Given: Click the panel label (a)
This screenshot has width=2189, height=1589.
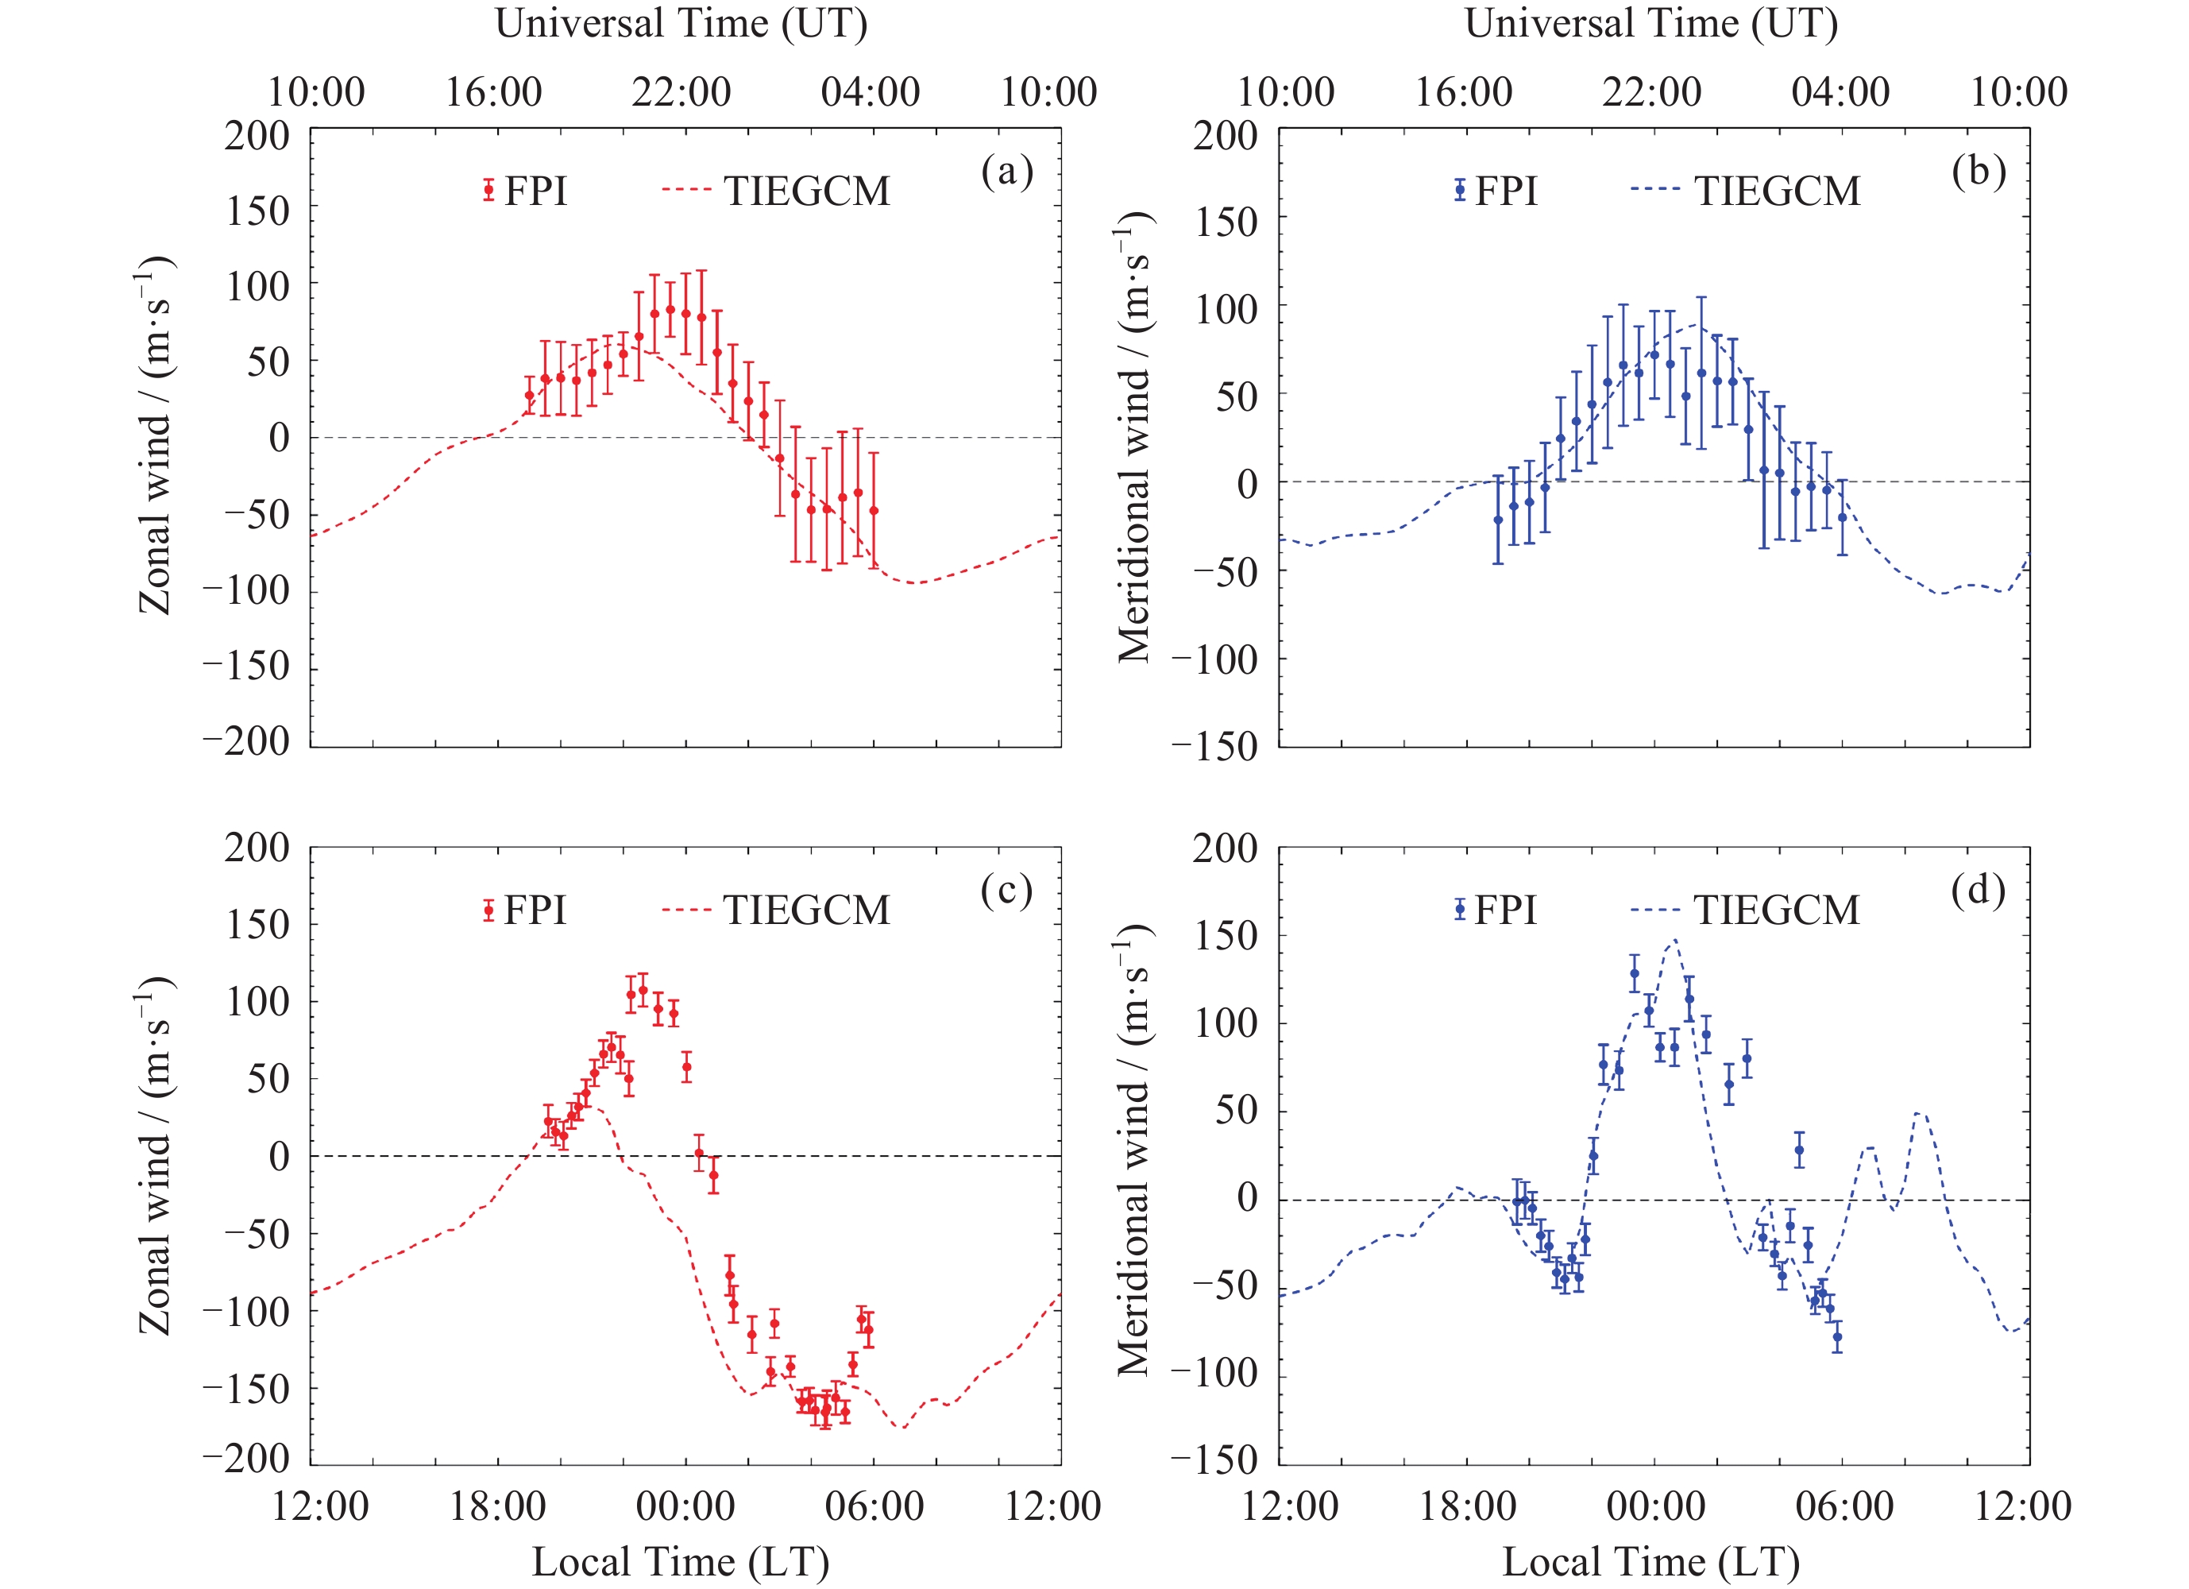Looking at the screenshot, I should tap(1006, 172).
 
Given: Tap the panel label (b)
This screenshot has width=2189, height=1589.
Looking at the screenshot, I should tap(1978, 172).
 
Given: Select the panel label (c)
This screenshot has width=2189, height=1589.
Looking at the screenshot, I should tap(1006, 890).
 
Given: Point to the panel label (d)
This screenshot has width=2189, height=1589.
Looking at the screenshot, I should tap(1978, 890).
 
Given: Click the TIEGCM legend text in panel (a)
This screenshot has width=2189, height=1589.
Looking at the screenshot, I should tap(807, 191).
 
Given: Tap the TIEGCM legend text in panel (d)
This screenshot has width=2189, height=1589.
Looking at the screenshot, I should tap(1777, 910).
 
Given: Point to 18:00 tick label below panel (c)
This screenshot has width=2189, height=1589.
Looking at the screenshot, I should tap(498, 1507).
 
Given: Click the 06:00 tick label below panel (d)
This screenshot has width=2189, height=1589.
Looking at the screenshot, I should tap(1844, 1507).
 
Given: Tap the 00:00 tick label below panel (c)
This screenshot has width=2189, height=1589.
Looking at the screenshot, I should tap(685, 1507).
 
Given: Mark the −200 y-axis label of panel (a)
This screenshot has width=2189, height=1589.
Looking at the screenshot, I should tap(246, 741).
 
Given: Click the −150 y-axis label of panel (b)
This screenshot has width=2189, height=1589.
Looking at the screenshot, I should tap(1215, 746).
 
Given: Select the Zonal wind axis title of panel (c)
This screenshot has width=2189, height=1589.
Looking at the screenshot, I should tap(154, 1155).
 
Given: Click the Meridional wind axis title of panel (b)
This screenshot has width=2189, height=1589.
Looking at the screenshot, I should tap(1134, 436).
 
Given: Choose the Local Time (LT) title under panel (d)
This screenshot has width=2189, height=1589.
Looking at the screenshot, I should tap(1650, 1562).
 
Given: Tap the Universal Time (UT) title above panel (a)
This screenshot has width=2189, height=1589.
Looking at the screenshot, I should tap(681, 23).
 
